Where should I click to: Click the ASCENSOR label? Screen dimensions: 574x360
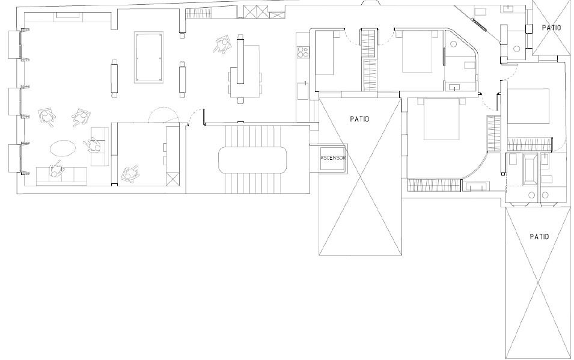pos(333,158)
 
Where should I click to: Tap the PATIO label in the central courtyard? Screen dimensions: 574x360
pos(359,118)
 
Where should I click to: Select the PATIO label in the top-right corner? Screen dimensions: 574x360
pos(551,28)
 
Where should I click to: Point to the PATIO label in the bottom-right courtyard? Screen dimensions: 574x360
pos(539,237)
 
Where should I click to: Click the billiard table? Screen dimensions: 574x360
pos(148,58)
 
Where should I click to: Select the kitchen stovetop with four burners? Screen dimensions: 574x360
pos(303,52)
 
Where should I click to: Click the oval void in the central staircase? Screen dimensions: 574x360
pos(252,160)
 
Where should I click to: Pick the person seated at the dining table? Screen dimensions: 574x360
pos(222,45)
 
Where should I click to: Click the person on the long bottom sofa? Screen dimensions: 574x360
pos(56,169)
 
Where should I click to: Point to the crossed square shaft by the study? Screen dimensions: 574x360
pos(172,179)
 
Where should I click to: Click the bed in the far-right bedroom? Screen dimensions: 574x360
pos(528,105)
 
